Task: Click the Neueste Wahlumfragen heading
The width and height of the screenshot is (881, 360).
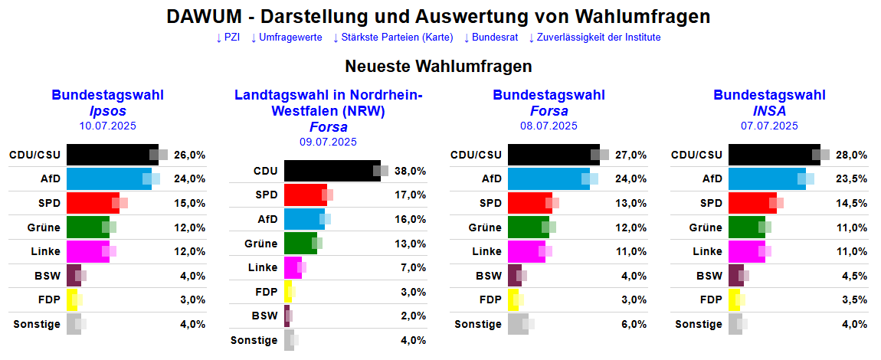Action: (438, 67)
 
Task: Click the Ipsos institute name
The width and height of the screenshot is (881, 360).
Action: (107, 111)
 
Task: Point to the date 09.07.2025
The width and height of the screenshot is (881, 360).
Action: (328, 142)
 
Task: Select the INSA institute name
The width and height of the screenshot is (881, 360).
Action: (769, 111)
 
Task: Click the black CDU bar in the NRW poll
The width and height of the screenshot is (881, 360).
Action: (331, 171)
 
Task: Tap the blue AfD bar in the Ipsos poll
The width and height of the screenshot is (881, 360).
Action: (107, 178)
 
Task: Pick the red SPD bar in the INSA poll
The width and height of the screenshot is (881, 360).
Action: (751, 203)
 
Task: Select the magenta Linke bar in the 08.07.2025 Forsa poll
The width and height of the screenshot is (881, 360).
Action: (526, 251)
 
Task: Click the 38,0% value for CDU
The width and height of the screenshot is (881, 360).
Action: (410, 171)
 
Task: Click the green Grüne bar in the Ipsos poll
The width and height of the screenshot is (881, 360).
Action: (87, 227)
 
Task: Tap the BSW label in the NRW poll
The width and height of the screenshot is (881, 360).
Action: (264, 316)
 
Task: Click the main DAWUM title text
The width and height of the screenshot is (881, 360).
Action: (438, 17)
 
